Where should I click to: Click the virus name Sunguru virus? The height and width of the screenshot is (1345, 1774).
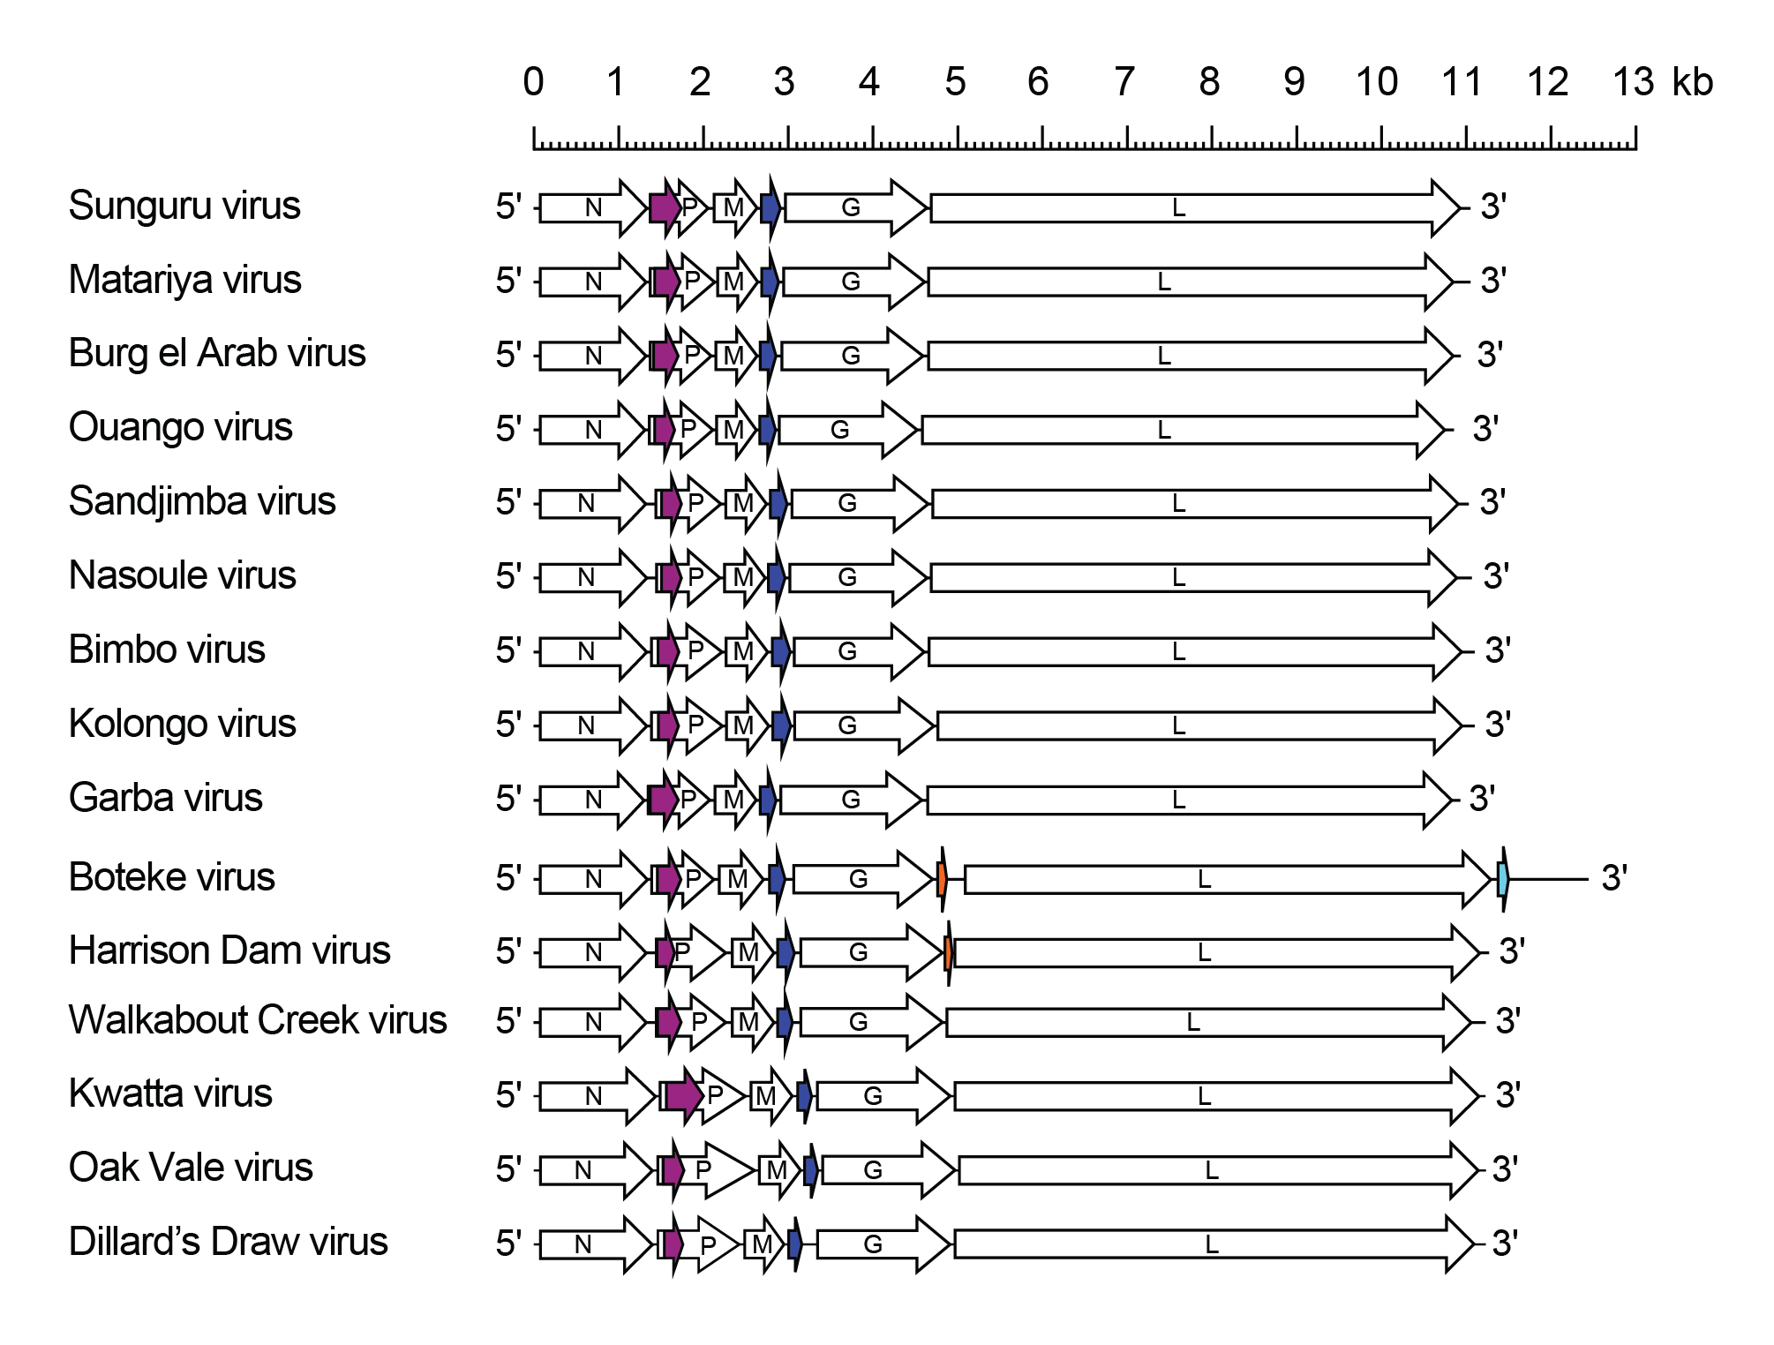[x=184, y=207]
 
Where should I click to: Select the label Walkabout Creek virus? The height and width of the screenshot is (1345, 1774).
[x=258, y=1021]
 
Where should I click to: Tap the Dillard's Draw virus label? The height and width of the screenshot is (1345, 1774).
[x=228, y=1243]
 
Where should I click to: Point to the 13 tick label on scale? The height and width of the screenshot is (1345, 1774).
[x=1633, y=83]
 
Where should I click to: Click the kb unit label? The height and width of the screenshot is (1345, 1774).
[x=1692, y=83]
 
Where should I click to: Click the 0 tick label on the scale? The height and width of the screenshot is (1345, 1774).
[x=533, y=83]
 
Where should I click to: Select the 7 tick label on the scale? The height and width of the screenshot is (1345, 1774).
[x=1124, y=83]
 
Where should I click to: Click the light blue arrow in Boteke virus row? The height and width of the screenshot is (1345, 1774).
[x=1503, y=879]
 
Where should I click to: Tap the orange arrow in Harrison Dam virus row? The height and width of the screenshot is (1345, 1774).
[x=948, y=953]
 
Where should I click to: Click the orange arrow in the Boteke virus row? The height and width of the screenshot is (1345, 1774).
[x=942, y=879]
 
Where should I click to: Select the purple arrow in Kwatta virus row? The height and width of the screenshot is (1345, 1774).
[x=683, y=1096]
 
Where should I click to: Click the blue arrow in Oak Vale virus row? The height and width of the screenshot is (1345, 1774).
[x=810, y=1170]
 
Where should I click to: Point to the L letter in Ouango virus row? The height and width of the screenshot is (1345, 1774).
[x=1164, y=431]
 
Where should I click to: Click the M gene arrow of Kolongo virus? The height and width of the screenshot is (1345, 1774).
[x=744, y=726]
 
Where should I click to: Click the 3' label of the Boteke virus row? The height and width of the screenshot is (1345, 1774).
[x=1614, y=879]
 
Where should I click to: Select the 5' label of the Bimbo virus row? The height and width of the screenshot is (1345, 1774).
[x=508, y=651]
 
